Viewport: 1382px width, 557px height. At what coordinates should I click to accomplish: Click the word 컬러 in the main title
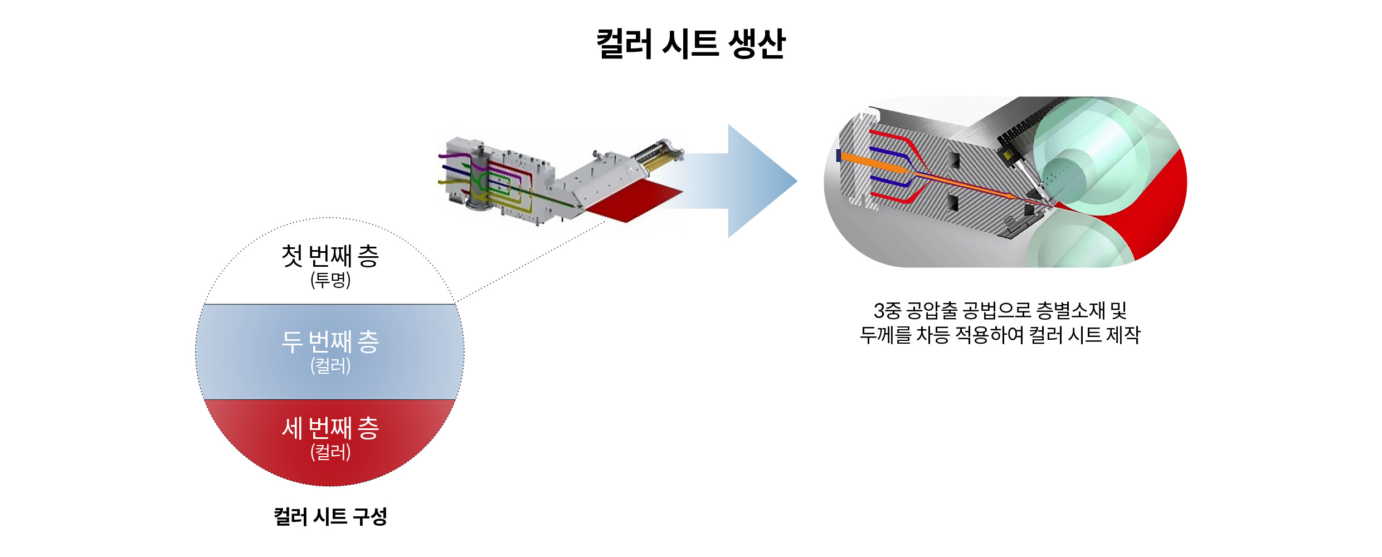pyautogui.click(x=624, y=43)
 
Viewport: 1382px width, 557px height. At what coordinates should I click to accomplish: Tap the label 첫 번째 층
pyautogui.click(x=330, y=256)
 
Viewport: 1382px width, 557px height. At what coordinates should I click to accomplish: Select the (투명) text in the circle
pyautogui.click(x=330, y=280)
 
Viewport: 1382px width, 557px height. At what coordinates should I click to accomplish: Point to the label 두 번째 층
pyautogui.click(x=330, y=342)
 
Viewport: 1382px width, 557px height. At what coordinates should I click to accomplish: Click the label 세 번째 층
pyautogui.click(x=330, y=428)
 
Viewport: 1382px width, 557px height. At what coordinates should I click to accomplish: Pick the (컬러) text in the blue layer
pyautogui.click(x=330, y=366)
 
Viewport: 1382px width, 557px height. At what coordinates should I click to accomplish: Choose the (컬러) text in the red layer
pyautogui.click(x=330, y=452)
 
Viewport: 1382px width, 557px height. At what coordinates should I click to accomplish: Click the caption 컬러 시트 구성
pyautogui.click(x=330, y=516)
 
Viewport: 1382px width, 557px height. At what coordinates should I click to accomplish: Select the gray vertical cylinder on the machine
pyautogui.click(x=478, y=178)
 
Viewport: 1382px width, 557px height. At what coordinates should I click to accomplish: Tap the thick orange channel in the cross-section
pyautogui.click(x=869, y=161)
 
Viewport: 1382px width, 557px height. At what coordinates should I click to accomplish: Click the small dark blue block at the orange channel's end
pyautogui.click(x=839, y=156)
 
